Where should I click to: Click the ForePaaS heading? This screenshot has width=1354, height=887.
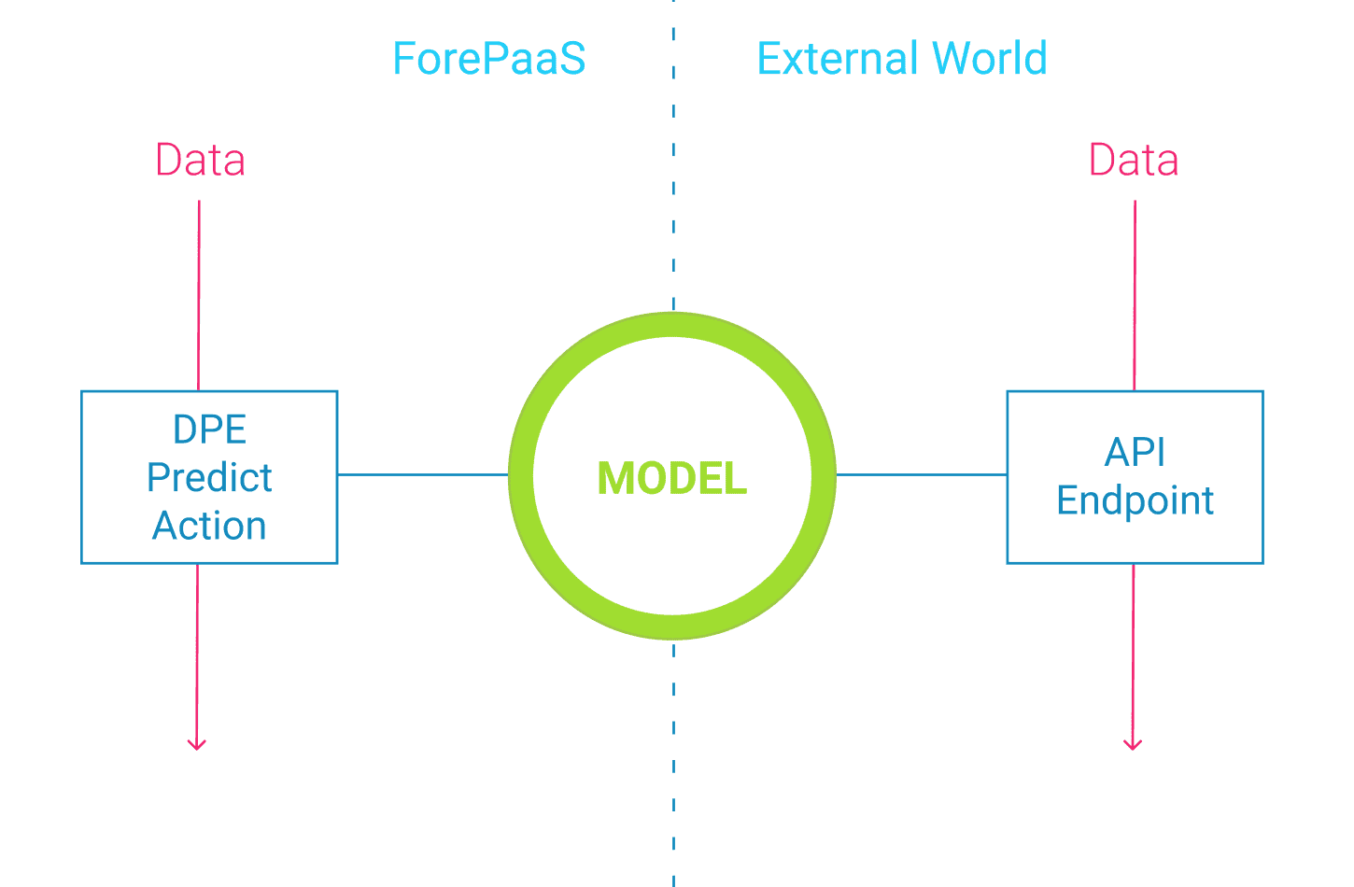tap(489, 58)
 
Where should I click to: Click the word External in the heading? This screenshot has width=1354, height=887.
tap(838, 58)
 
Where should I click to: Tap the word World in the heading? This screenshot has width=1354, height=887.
tap(990, 58)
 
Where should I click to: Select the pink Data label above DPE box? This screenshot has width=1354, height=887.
tap(200, 160)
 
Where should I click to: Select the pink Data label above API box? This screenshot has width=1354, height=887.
tap(1134, 160)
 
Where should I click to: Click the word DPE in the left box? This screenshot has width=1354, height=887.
tap(210, 429)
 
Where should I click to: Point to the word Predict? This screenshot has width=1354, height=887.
tap(209, 477)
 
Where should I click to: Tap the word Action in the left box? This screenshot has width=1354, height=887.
tap(209, 525)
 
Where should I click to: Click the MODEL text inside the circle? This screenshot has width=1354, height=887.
tap(672, 478)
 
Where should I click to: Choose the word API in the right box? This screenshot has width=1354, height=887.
tap(1135, 452)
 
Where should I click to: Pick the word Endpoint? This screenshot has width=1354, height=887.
tap(1135, 500)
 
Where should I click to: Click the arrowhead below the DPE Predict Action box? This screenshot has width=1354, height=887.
tap(196, 744)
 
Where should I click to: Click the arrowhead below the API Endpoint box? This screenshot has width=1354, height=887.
tap(1132, 744)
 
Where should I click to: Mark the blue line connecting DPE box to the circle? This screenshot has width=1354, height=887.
tap(422, 474)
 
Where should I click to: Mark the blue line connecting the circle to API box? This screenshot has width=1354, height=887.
tap(922, 474)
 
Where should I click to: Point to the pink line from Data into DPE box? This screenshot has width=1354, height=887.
tap(199, 295)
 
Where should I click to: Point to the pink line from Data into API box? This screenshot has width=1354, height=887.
tap(1135, 295)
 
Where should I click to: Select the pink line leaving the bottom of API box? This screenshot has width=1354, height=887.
tap(1133, 656)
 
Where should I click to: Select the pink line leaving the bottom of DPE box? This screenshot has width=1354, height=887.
tap(197, 656)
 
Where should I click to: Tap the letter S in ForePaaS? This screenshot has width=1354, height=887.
tap(571, 58)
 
